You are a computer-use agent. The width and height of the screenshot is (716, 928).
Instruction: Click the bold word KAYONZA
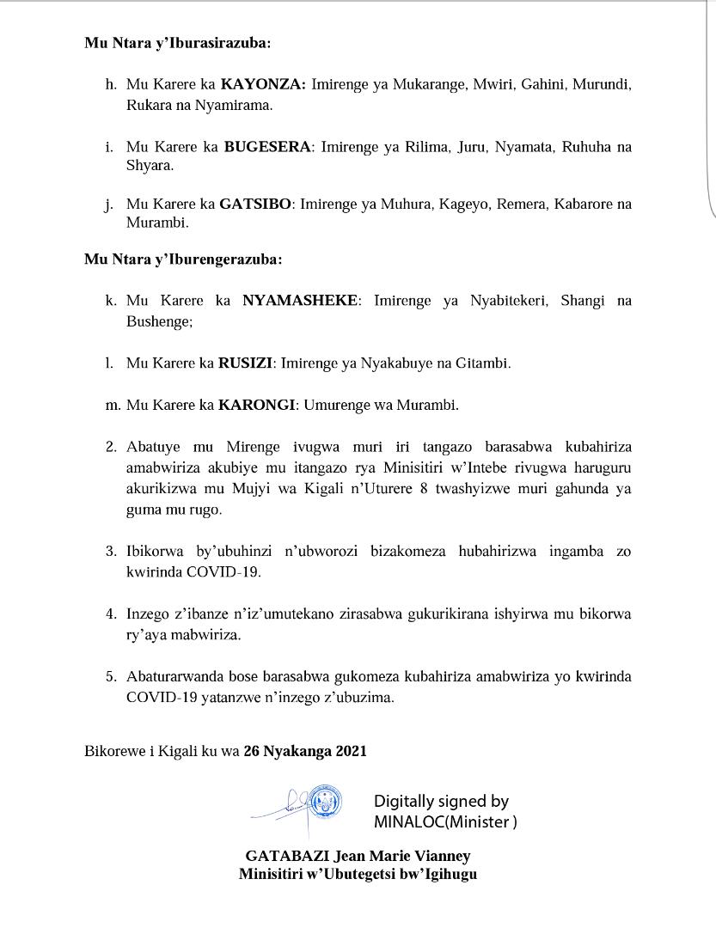point(261,85)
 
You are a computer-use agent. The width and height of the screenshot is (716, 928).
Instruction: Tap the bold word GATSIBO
point(256,205)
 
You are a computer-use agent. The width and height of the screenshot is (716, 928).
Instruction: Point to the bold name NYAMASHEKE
point(299,301)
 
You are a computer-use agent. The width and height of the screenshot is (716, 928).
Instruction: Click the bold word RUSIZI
point(245,363)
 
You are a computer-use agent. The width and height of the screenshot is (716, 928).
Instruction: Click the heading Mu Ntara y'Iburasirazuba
point(178,43)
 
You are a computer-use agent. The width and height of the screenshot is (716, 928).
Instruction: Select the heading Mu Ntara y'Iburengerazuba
point(183,259)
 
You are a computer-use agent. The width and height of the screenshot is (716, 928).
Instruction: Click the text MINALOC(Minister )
point(445,822)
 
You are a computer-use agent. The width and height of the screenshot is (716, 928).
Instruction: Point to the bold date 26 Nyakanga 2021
point(305,752)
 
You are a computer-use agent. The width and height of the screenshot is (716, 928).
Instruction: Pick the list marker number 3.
point(111,551)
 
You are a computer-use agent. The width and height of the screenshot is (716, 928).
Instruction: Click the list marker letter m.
point(113,405)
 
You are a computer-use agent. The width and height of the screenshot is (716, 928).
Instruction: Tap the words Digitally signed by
point(441,802)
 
